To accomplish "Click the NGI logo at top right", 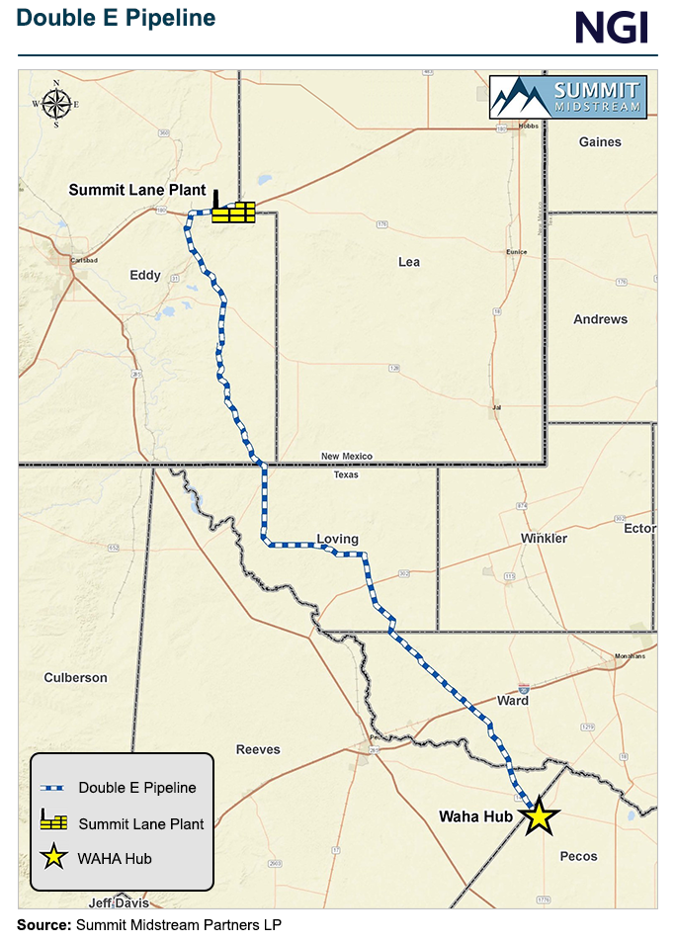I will coord(612,27).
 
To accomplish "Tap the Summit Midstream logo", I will coord(568,96).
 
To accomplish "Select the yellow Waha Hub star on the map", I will coord(539,817).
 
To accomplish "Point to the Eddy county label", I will coord(145,275).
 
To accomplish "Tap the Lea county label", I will coord(409,262).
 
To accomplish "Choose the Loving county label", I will coord(337,539).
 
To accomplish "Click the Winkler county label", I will coord(544,538).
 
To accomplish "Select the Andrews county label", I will coord(600,319).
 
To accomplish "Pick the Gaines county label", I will coord(600,141).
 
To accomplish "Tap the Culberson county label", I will coord(76,677).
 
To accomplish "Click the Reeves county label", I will coord(259,749).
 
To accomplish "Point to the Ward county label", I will coord(513,700).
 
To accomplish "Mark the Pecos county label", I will coord(578,855).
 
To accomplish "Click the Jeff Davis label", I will coord(116,902).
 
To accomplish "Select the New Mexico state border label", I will coord(347,456).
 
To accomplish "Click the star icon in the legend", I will coord(52,858).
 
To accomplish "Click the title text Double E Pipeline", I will coord(116,18).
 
